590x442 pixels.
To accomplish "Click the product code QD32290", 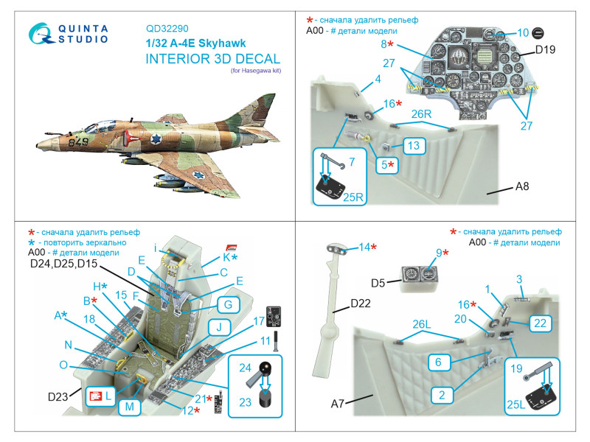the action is pyautogui.click(x=167, y=29).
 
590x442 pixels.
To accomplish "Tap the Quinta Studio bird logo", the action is pyautogui.click(x=41, y=34).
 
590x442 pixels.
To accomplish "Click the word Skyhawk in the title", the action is pyautogui.click(x=222, y=43).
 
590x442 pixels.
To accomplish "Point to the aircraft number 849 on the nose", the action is pyautogui.click(x=78, y=142).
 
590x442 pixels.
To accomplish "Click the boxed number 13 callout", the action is pyautogui.click(x=414, y=146).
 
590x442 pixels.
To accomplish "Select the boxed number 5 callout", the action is pyautogui.click(x=386, y=165).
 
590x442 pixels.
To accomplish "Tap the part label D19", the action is pyautogui.click(x=545, y=49).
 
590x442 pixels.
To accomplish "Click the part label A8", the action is pyautogui.click(x=522, y=186).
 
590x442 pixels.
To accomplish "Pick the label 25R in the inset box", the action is pyautogui.click(x=353, y=197).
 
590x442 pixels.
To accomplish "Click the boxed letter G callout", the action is pyautogui.click(x=229, y=304).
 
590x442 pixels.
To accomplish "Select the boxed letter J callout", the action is pyautogui.click(x=219, y=327).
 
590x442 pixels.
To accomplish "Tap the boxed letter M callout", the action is pyautogui.click(x=130, y=407).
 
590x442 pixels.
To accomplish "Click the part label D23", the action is pyautogui.click(x=58, y=396).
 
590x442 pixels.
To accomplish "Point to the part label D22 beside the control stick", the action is pyautogui.click(x=361, y=304).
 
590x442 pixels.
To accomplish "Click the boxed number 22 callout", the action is pyautogui.click(x=541, y=323).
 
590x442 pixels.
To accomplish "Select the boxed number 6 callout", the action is pyautogui.click(x=438, y=362).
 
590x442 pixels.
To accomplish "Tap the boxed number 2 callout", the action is pyautogui.click(x=442, y=395).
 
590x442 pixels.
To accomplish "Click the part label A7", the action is pyautogui.click(x=338, y=404).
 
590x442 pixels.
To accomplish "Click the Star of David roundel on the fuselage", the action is pyautogui.click(x=156, y=139).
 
